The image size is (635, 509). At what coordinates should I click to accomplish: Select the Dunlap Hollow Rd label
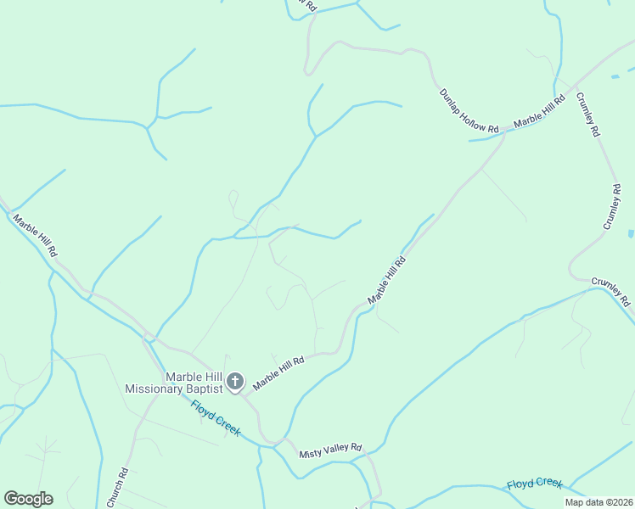(x=469, y=110)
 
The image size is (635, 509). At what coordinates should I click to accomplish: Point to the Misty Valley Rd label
(x=330, y=450)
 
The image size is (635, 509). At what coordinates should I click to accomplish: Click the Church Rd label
(x=117, y=488)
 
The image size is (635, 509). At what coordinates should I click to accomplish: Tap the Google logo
(x=28, y=499)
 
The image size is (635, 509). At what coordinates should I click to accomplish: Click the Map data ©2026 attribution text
(x=598, y=502)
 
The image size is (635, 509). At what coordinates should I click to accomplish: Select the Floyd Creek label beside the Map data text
(x=535, y=484)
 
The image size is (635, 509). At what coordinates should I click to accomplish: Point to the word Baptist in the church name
(x=205, y=389)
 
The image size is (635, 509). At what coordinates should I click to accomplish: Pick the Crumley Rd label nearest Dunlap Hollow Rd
(x=588, y=115)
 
